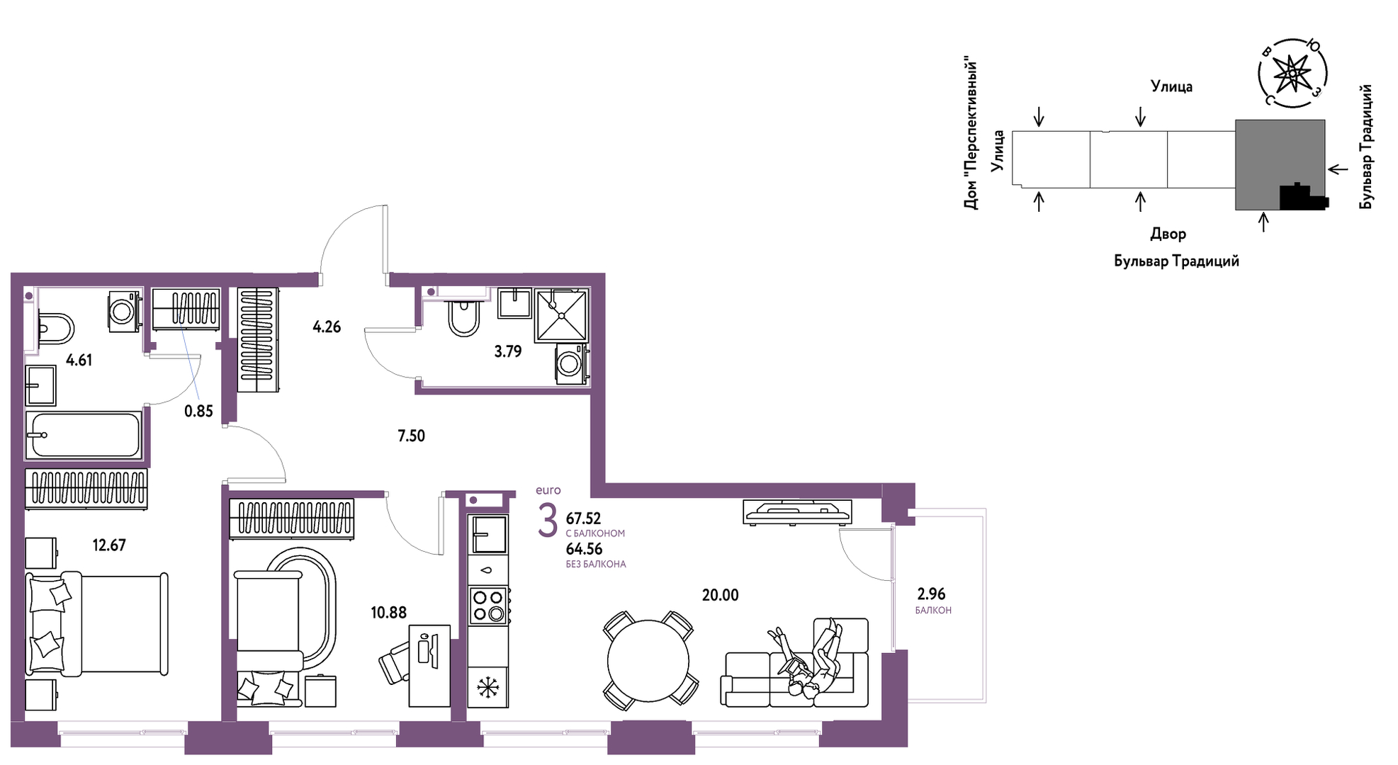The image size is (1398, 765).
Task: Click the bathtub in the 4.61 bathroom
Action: point(84,434)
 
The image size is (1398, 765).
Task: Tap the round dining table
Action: point(648,661)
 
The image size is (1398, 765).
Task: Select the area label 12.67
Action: point(109,545)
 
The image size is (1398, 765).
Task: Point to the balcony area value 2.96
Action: point(931,594)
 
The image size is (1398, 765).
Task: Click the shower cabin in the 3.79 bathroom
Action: point(561,314)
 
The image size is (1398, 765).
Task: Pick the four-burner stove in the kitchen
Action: point(488,606)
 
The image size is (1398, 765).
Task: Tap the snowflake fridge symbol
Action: point(488,687)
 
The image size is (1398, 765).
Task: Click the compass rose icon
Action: point(1293,73)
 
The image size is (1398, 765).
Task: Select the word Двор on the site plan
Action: point(1168,234)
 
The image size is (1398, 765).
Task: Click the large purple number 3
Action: point(548,521)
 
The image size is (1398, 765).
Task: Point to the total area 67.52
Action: point(583,518)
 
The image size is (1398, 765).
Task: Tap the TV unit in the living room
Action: point(797,511)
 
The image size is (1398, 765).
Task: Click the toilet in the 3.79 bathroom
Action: point(464,318)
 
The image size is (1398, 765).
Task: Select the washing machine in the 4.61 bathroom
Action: point(123,311)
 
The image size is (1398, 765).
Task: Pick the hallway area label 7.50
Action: point(411,436)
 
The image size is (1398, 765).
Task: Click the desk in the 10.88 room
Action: point(429,666)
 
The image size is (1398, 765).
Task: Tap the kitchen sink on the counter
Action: point(488,533)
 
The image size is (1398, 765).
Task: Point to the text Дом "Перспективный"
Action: point(971,135)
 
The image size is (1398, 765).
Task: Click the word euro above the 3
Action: point(548,490)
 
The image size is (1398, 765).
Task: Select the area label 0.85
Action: point(198,411)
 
